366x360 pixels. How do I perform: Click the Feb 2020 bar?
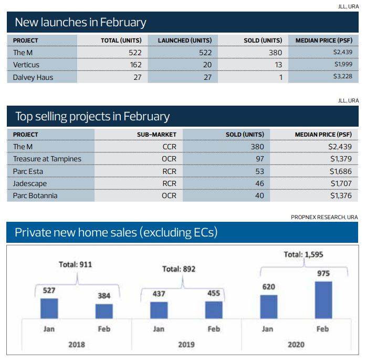(323, 300)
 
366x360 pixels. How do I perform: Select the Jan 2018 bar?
(49, 308)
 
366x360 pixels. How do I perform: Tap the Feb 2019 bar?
(214, 310)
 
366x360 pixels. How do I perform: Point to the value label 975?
(323, 274)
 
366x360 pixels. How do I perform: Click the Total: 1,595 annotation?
(304, 254)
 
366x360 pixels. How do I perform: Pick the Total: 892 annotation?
(179, 269)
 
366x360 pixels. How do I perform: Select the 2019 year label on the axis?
(186, 345)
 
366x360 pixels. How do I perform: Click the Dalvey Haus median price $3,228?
(342, 77)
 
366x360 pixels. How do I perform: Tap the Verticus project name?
(26, 65)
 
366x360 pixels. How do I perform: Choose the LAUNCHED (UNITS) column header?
(184, 40)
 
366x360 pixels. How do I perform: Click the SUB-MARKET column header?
(156, 135)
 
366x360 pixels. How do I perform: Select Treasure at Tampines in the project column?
(47, 159)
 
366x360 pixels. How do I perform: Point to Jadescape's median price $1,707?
(340, 183)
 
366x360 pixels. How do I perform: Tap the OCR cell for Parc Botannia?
(169, 196)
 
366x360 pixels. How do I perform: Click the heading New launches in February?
(80, 22)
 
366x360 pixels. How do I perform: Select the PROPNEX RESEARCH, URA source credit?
(324, 217)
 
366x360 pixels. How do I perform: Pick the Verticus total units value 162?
(135, 65)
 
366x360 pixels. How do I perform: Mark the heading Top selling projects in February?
(92, 116)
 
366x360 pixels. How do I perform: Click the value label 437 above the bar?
(159, 294)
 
